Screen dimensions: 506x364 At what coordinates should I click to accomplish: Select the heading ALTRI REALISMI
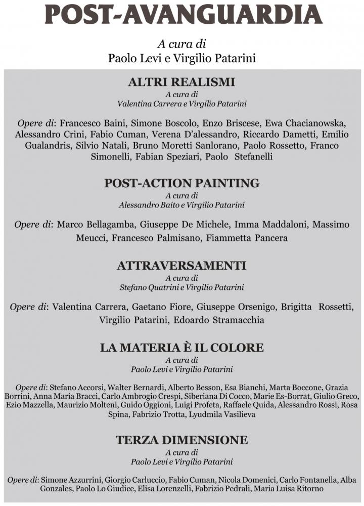(181, 82)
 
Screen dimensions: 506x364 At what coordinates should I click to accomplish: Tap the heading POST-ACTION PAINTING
(181, 183)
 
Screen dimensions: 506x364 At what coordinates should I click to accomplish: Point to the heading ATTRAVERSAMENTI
(181, 266)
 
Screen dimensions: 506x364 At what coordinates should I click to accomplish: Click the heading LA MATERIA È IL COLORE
(181, 348)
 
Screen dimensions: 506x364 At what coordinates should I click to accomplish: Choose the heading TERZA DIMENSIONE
(181, 440)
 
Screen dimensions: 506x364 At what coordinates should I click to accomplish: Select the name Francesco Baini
(91, 123)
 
